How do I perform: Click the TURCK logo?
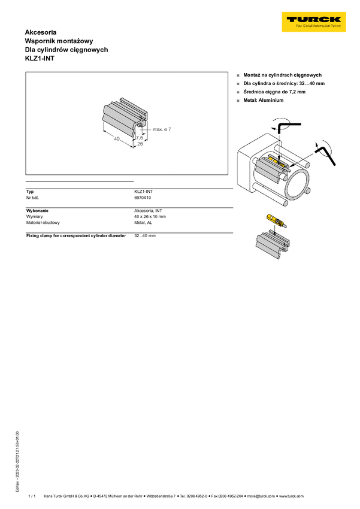(x=314, y=22)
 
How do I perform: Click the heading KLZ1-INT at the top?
(x=40, y=59)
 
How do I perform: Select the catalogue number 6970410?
(x=143, y=198)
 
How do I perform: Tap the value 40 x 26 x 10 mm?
(x=150, y=217)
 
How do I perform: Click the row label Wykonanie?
(x=37, y=211)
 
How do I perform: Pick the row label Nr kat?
(x=32, y=198)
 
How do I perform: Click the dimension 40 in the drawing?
(x=117, y=138)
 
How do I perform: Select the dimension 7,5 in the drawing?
(x=140, y=138)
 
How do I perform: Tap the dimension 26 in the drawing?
(x=140, y=144)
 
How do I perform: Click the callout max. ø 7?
(x=162, y=129)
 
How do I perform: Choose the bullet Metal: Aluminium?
(x=264, y=101)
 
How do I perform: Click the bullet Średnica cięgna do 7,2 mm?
(x=274, y=92)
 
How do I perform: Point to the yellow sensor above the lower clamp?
(x=276, y=220)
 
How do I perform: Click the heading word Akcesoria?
(x=41, y=32)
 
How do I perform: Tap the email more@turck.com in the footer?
(x=261, y=496)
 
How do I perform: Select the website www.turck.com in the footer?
(x=292, y=496)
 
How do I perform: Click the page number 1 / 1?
(x=32, y=496)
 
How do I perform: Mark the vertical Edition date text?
(x=17, y=461)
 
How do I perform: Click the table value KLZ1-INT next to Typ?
(x=144, y=192)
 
